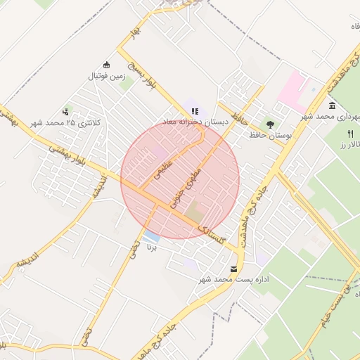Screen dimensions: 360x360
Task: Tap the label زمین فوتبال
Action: point(105,75)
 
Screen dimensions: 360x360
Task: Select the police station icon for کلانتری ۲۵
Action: point(66,111)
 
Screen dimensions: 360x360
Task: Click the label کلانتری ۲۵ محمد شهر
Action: point(66,122)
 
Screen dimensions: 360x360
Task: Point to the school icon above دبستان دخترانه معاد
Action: point(195,110)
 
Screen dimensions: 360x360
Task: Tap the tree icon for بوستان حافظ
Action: point(270,105)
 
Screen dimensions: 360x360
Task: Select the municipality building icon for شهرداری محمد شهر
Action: point(332,105)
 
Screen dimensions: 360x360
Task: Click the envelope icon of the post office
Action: point(234,269)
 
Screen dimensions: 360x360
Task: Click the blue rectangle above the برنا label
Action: point(152,235)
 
